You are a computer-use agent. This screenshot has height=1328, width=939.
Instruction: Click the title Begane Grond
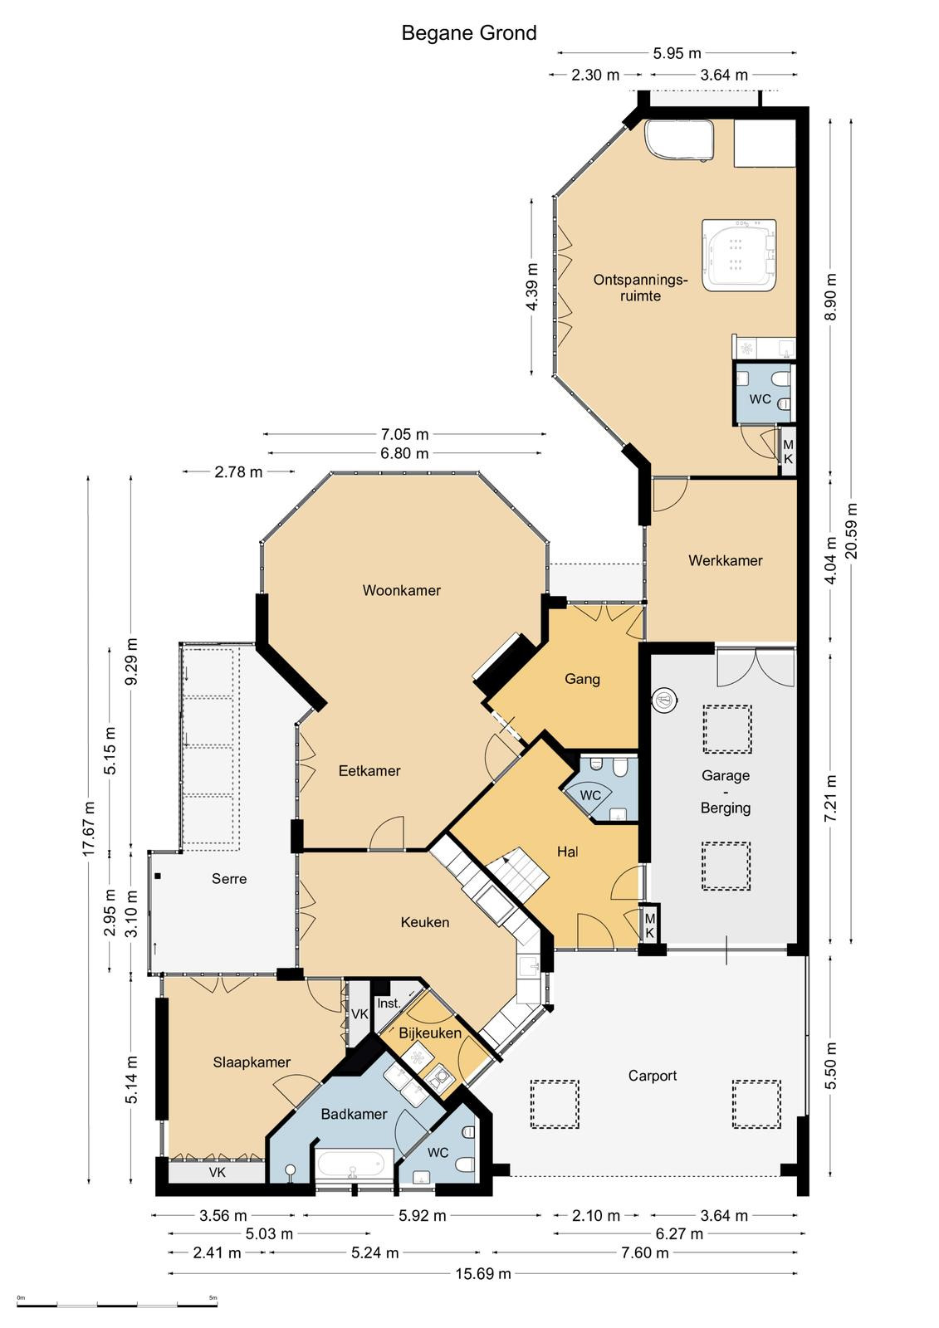[x=468, y=32]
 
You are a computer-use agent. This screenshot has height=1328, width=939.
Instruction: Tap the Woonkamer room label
[x=402, y=590]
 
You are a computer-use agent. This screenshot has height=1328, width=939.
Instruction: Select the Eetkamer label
[x=369, y=770]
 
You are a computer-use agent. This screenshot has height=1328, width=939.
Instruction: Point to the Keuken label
[x=425, y=922]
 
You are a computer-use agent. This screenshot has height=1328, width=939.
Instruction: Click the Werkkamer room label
[x=726, y=560]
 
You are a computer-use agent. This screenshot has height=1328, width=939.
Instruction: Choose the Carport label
[x=653, y=1076]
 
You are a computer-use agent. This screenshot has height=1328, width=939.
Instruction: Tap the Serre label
[x=229, y=879]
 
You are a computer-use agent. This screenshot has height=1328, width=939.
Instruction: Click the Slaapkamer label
[x=252, y=1062]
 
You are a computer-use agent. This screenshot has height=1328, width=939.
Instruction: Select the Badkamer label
[x=355, y=1114]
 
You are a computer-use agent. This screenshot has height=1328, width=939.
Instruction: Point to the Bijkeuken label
[x=430, y=1033]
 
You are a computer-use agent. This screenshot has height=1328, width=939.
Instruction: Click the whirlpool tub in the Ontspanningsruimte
[x=739, y=255]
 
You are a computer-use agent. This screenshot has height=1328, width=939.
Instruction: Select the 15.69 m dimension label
[x=483, y=1273]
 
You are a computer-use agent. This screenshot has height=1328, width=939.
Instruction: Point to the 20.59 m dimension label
[x=852, y=530]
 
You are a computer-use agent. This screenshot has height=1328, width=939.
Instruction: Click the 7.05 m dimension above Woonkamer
[x=404, y=434]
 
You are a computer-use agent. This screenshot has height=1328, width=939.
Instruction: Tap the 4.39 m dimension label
[x=532, y=287]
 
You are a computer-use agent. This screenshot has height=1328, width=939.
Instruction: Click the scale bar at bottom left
[x=117, y=1304]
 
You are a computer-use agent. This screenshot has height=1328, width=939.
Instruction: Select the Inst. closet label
[x=389, y=1003]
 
